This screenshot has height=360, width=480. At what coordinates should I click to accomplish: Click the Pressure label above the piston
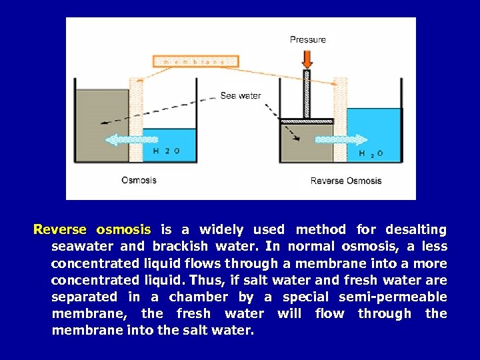coord(308,39)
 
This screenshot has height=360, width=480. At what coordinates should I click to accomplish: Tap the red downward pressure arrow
coord(307,58)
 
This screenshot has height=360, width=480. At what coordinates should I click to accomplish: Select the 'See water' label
coord(241,95)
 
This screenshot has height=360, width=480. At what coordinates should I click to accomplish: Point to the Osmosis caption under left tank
coord(139,179)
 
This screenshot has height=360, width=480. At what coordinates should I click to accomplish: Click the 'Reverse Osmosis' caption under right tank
coord(346,181)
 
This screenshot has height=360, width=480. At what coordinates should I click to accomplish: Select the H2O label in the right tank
coord(371,154)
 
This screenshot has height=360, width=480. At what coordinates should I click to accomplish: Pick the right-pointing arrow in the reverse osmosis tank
coord(341,140)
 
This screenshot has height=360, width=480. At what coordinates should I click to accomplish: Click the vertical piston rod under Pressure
coord(307,93)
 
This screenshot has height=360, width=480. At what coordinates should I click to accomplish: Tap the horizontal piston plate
coord(306,121)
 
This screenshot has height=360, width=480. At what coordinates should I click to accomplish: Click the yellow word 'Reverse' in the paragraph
coord(60,230)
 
